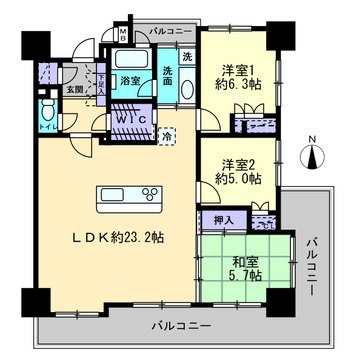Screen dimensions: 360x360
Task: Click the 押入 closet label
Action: pyautogui.click(x=224, y=218)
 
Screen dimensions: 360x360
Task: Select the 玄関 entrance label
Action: pyautogui.click(x=76, y=90)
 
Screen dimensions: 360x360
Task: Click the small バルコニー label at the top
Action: pyautogui.click(x=162, y=33)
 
